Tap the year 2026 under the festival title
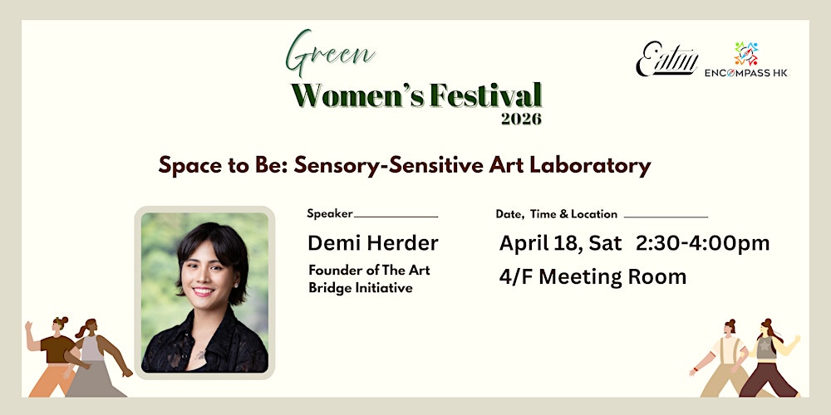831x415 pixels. click(521, 119)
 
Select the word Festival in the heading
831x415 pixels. click(485, 95)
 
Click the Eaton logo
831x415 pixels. click(666, 60)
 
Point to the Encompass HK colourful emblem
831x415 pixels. click(745, 53)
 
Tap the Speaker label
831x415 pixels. click(330, 213)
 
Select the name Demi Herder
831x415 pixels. click(373, 243)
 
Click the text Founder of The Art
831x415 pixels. click(369, 271)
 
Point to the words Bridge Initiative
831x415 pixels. click(361, 288)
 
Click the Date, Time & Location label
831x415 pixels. click(557, 214)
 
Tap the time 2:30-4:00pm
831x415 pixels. click(703, 243)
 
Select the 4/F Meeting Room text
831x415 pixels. click(593, 276)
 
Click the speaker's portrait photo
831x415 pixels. click(204, 292)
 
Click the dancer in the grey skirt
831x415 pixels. click(93, 357)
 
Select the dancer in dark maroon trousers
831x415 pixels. click(770, 357)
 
